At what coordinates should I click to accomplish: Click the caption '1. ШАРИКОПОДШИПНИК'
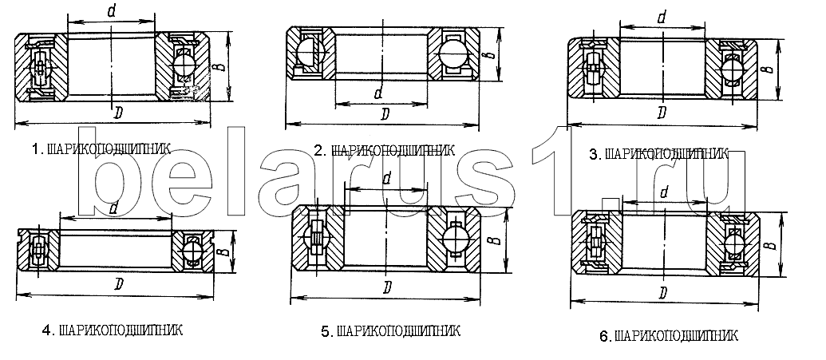coord(101,149)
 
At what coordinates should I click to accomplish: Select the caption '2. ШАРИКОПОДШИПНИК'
coord(385,152)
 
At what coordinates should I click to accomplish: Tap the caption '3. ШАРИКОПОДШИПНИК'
coord(658,154)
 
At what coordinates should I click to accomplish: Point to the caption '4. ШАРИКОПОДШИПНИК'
coord(113,330)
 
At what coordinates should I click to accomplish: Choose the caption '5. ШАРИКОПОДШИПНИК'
coord(390,331)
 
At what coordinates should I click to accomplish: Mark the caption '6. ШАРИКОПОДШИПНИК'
coord(669,335)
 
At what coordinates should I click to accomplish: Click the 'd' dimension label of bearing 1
coord(111,12)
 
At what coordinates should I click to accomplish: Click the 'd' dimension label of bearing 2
coord(378,93)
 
